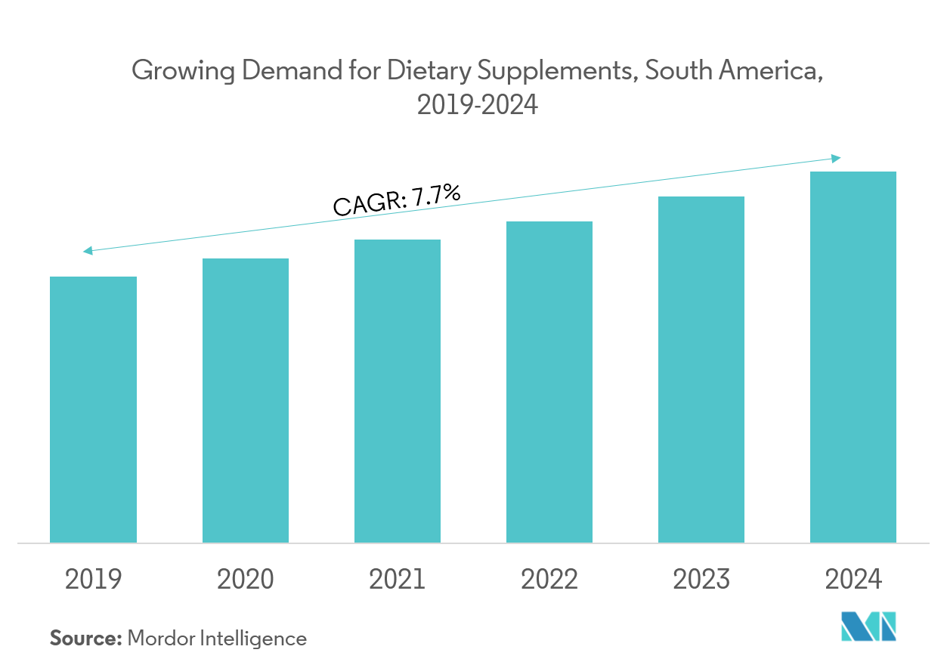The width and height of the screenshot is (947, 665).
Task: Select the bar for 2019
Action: [93, 409]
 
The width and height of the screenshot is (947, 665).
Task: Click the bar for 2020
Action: [245, 401]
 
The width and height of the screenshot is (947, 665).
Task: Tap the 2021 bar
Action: [397, 390]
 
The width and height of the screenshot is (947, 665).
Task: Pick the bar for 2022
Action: [549, 382]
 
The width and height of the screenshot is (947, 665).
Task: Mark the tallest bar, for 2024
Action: [853, 355]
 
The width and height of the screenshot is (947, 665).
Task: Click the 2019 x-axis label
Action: [93, 580]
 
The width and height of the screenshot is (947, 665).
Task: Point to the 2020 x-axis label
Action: [245, 580]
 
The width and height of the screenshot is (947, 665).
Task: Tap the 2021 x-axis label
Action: [397, 580]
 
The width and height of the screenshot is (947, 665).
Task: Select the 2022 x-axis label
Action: [549, 580]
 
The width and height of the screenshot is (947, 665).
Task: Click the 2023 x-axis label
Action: [701, 580]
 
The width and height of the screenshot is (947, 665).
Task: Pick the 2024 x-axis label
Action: [853, 580]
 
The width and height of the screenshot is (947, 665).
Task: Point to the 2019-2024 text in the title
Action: [478, 105]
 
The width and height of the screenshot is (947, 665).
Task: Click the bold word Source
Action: [85, 639]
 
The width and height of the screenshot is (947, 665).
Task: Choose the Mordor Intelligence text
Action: [218, 639]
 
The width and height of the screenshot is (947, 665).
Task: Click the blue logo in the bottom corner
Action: [868, 627]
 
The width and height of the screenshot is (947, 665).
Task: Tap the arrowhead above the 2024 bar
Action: [836, 157]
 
